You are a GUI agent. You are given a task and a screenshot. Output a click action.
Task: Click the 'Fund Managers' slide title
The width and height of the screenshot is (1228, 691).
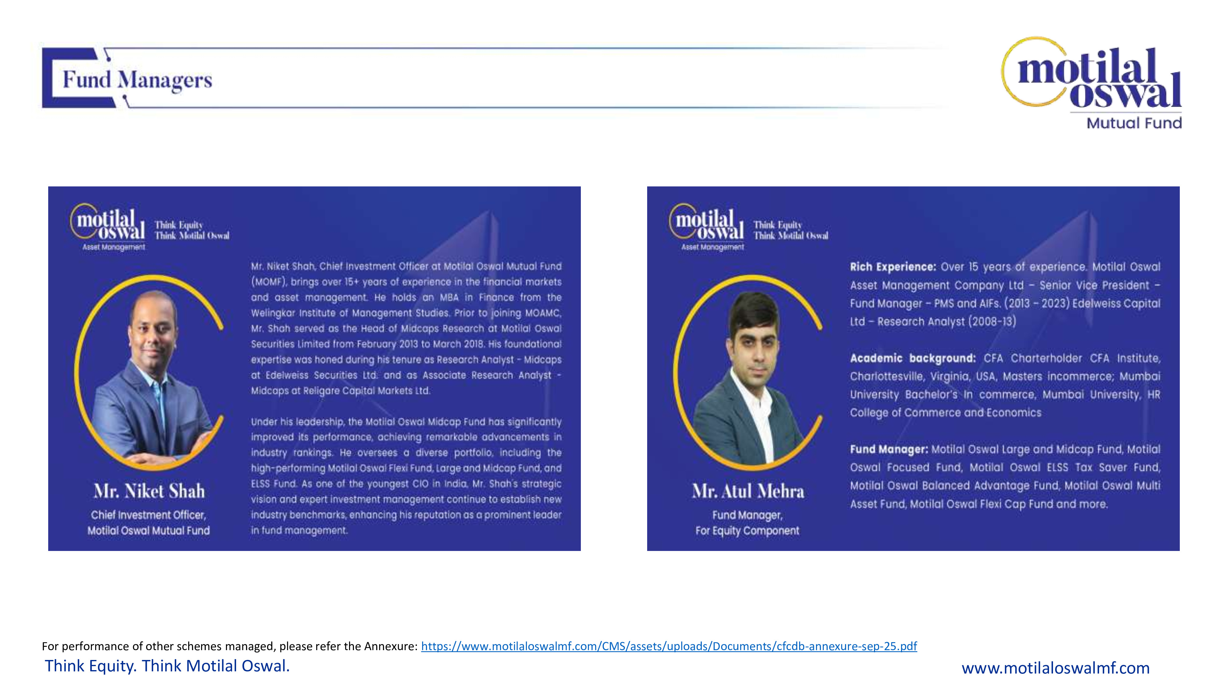(137, 80)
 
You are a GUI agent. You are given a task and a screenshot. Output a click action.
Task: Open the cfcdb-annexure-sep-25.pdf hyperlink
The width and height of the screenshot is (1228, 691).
(668, 646)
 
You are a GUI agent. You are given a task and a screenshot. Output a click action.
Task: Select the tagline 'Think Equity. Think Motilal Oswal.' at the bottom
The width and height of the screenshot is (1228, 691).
(167, 666)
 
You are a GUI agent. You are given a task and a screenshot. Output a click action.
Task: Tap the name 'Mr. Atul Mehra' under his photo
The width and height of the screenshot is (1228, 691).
(748, 491)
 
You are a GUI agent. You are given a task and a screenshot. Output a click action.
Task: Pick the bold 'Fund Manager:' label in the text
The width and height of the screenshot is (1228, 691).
(888, 449)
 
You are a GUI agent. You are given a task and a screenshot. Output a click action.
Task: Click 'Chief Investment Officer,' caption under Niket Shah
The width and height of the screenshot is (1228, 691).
(148, 515)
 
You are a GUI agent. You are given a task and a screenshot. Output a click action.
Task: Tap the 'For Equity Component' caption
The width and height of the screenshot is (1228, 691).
(747, 531)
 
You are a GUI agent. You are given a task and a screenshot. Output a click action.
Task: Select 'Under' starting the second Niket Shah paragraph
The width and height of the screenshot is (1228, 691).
(264, 422)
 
